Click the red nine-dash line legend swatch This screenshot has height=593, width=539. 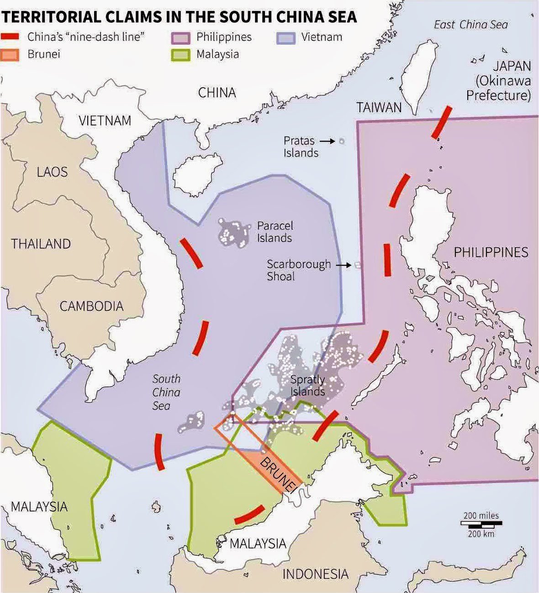[x=10, y=37]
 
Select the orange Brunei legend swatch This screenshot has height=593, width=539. [x=10, y=54]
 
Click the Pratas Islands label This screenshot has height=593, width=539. [x=300, y=147]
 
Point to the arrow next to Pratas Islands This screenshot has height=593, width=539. [x=327, y=142]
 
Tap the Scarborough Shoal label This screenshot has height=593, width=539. [x=298, y=270]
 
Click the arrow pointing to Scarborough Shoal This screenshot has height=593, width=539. [x=343, y=265]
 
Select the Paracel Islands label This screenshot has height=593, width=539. [x=275, y=231]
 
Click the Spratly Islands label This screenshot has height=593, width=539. [x=308, y=386]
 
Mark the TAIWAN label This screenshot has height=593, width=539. [x=379, y=108]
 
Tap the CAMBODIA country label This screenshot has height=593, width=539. [x=91, y=306]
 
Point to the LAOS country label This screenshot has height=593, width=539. [x=52, y=172]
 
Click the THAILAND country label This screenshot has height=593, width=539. [x=41, y=244]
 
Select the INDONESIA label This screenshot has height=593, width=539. [x=315, y=574]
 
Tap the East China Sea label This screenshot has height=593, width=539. [x=470, y=25]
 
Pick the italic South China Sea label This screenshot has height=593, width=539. [x=166, y=392]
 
